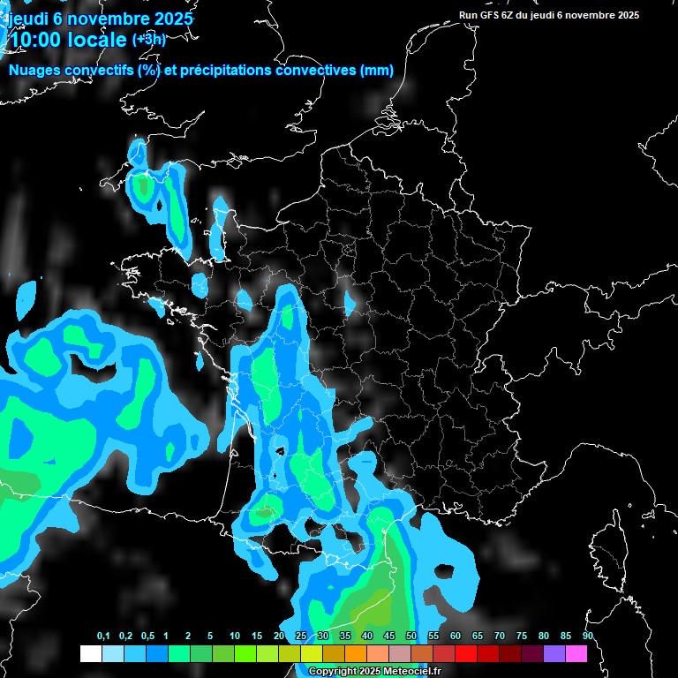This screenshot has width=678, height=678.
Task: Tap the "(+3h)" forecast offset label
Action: tap(148, 39)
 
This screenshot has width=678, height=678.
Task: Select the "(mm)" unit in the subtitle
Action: tap(377, 71)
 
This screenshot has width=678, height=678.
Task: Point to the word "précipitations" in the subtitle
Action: tap(230, 71)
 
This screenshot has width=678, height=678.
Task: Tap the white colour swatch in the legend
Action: tap(90, 654)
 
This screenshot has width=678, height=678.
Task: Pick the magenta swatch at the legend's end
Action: tap(576, 654)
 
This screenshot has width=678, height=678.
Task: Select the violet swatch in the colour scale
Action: tap(554, 654)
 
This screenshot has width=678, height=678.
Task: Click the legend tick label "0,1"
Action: tap(103, 637)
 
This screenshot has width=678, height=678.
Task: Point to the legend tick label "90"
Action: tap(587, 637)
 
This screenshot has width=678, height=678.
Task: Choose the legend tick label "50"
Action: tap(411, 637)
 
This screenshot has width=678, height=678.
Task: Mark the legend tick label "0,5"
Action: tap(147, 637)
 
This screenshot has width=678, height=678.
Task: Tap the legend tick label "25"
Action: tap(301, 637)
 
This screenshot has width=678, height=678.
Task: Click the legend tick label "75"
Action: tap(522, 637)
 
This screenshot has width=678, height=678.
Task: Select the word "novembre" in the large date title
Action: tap(104, 19)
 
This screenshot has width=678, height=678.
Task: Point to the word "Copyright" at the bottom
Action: tap(334, 672)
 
